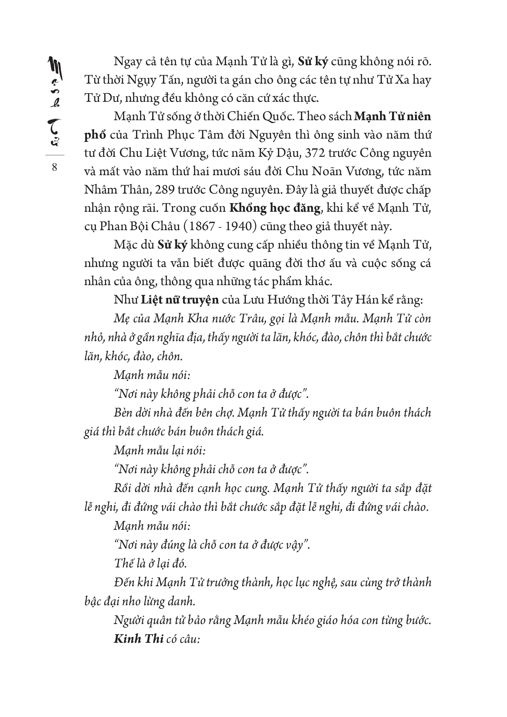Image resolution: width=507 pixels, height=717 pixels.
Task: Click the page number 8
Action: pos(55,167)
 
